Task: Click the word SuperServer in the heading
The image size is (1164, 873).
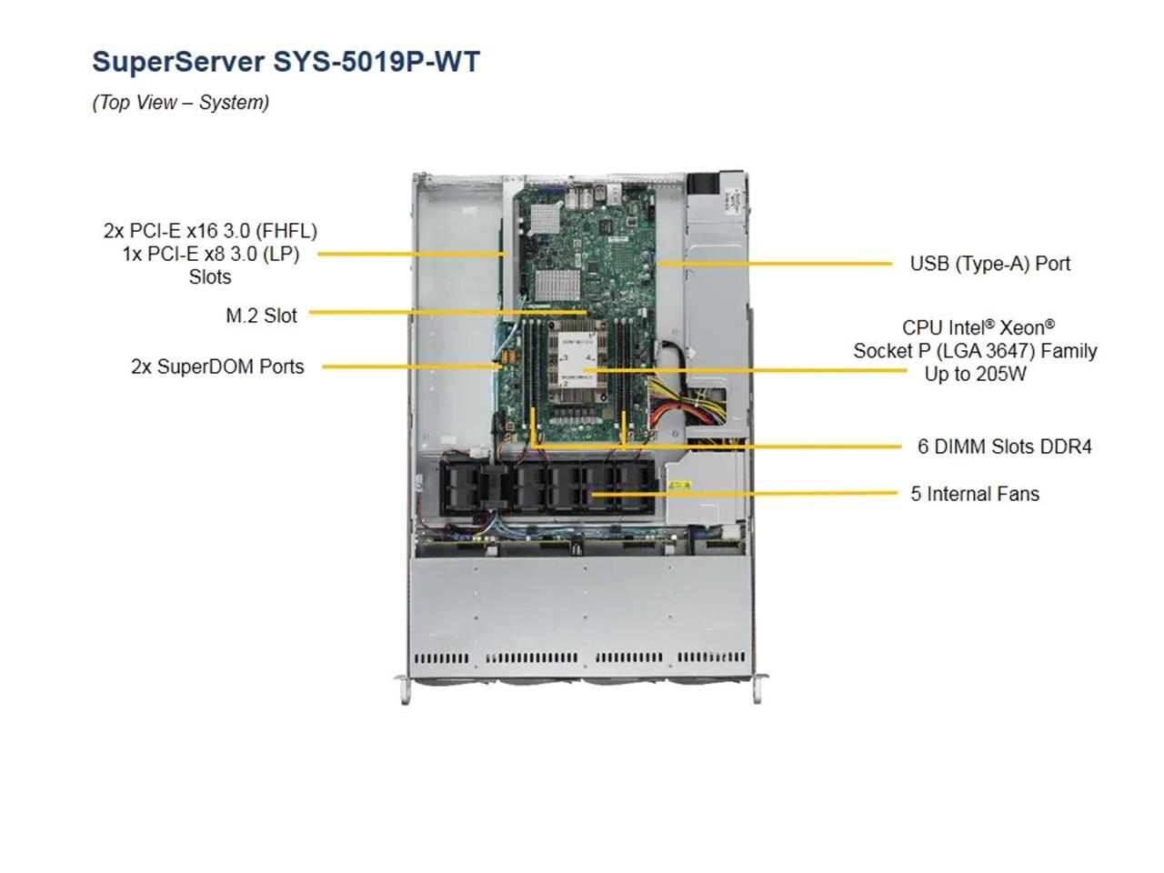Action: (x=178, y=62)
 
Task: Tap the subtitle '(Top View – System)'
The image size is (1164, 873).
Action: (x=180, y=103)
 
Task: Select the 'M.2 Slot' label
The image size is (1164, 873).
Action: (x=261, y=316)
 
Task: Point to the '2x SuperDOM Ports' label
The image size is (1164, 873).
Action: (x=217, y=366)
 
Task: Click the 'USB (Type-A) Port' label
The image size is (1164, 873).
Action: (x=990, y=264)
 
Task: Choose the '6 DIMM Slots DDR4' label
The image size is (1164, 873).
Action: (x=1004, y=447)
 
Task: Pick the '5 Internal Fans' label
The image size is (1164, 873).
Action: (x=975, y=494)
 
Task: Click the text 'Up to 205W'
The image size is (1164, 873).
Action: (x=975, y=374)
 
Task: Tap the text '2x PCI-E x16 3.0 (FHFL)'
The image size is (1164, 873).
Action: (x=210, y=231)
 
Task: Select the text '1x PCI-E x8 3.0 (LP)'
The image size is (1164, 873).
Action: (x=210, y=254)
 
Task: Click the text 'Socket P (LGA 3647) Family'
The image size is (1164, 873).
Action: (x=975, y=351)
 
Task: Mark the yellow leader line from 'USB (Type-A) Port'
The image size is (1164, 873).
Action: (x=773, y=264)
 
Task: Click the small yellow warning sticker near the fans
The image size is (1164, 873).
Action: (x=679, y=486)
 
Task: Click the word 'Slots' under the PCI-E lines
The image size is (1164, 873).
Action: (x=210, y=277)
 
